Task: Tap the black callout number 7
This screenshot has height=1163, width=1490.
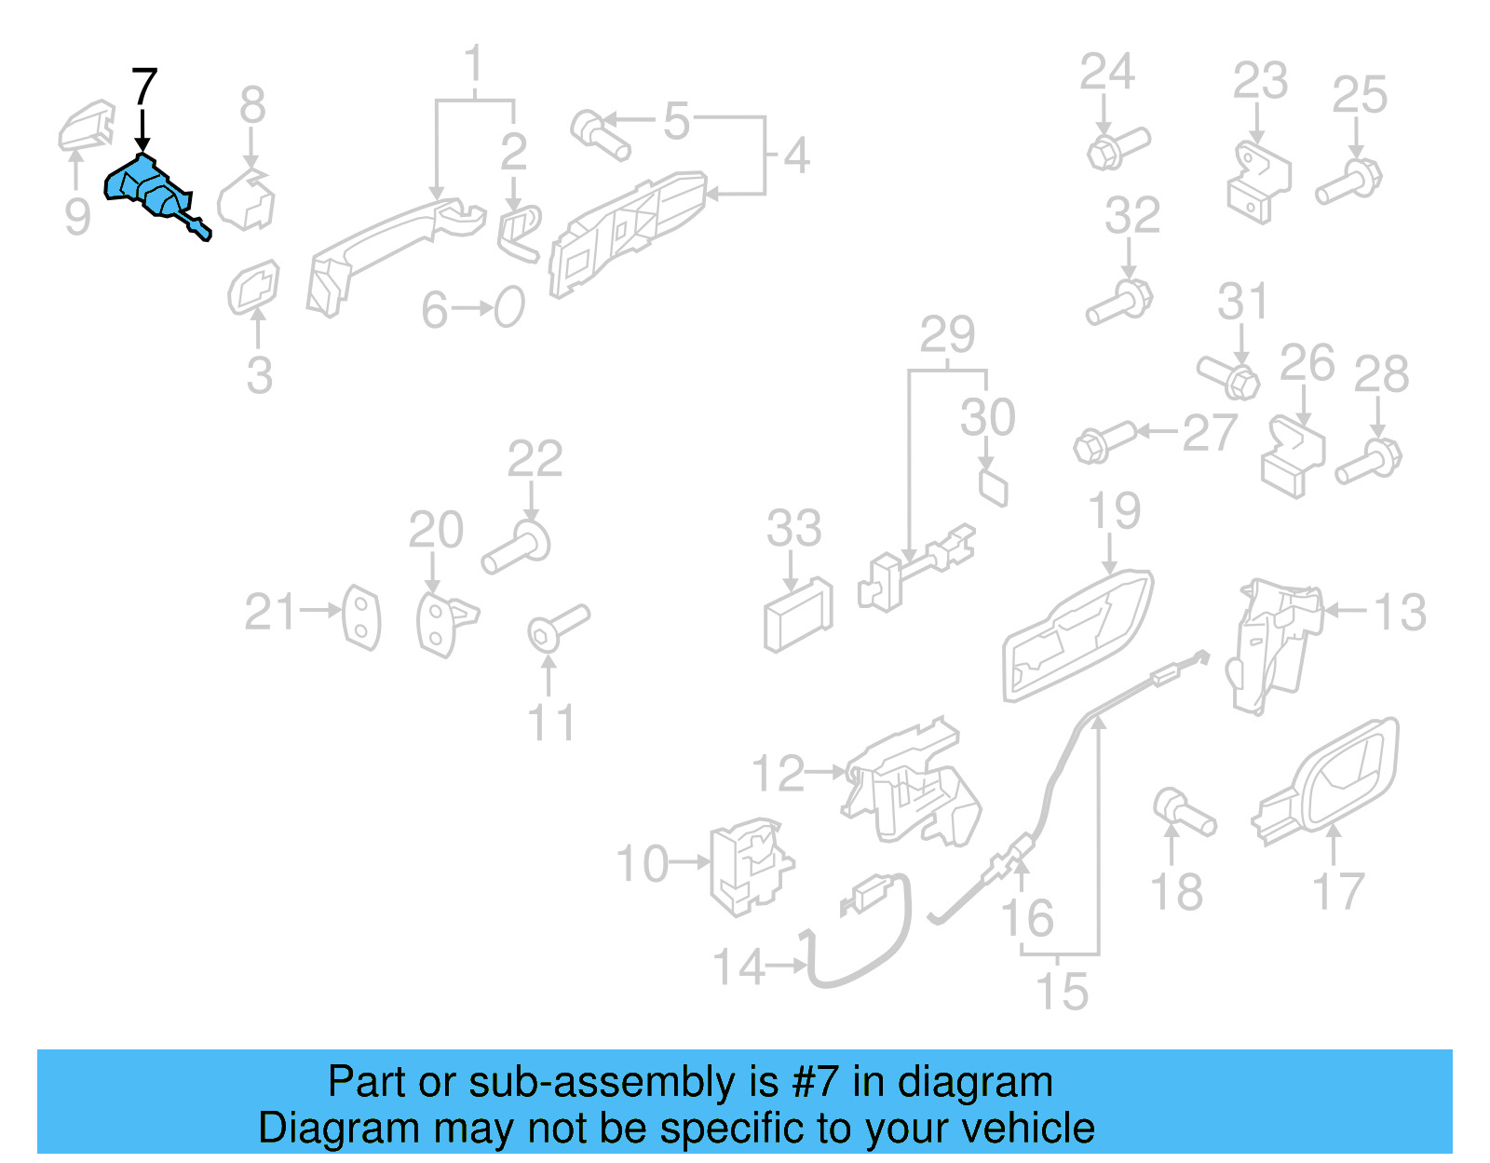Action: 144,88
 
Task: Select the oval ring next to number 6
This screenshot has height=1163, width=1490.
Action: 509,306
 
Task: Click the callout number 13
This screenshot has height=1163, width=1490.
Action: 1400,613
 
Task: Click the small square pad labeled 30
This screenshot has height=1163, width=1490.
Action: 993,487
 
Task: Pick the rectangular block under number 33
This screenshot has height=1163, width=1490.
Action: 797,615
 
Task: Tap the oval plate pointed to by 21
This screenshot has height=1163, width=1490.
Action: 361,617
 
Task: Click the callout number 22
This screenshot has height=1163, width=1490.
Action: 535,459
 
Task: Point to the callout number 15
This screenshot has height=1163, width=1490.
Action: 1062,992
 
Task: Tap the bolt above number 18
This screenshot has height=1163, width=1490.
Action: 1183,812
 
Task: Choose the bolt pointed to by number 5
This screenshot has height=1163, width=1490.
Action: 600,134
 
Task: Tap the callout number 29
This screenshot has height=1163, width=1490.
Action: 947,334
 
